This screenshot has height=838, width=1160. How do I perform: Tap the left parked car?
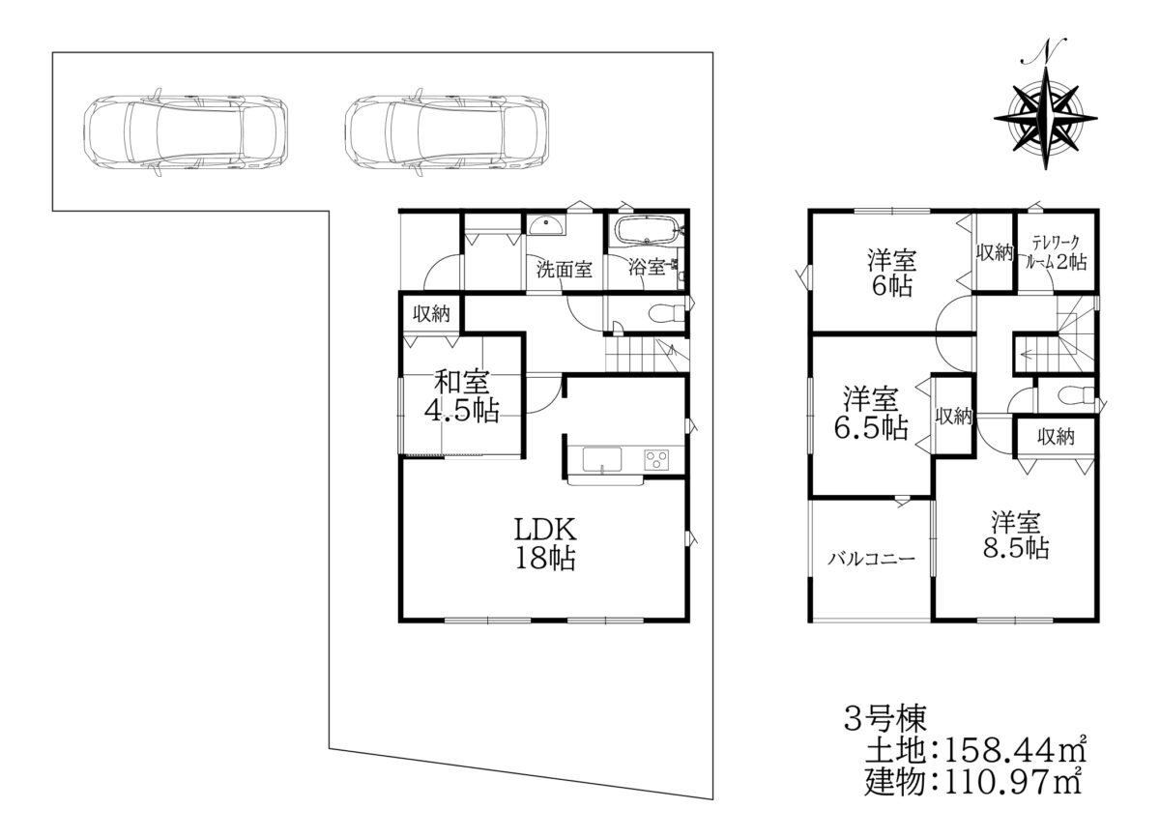(186, 131)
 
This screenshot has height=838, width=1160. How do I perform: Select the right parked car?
(447, 131)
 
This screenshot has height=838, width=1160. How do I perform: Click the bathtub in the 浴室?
(647, 230)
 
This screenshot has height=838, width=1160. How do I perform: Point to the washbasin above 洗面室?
(546, 226)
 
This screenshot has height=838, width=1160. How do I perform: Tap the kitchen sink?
(601, 459)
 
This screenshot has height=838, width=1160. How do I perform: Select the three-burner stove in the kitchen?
(656, 459)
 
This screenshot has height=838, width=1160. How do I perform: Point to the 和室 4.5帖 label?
(462, 395)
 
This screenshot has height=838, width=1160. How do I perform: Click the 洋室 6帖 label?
(891, 274)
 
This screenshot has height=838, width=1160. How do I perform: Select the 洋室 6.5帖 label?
(871, 414)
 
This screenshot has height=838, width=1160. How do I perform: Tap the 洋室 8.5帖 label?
(1016, 535)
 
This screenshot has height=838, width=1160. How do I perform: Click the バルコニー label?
(872, 559)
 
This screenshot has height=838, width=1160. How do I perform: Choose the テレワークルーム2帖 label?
(1057, 252)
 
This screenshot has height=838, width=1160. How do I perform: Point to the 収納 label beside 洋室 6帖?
(995, 252)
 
